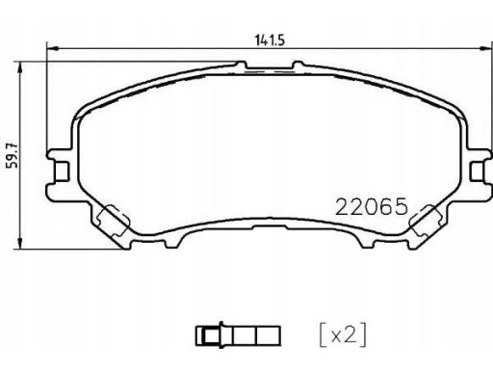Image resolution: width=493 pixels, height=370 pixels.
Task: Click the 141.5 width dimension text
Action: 270,40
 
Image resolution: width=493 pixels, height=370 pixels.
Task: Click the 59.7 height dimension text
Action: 13,156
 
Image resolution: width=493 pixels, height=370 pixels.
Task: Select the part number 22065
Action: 372,206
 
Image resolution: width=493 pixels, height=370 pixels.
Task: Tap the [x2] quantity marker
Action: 343,334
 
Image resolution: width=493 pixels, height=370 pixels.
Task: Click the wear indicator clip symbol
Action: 238,335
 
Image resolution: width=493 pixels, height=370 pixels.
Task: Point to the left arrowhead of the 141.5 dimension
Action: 53,49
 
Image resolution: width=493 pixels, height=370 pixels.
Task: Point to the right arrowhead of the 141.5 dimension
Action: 485,49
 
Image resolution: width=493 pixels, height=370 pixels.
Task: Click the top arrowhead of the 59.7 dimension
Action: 20,67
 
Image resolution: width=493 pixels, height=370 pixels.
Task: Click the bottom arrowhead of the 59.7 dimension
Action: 20,243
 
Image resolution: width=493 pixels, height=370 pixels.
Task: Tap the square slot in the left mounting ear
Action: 61,172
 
